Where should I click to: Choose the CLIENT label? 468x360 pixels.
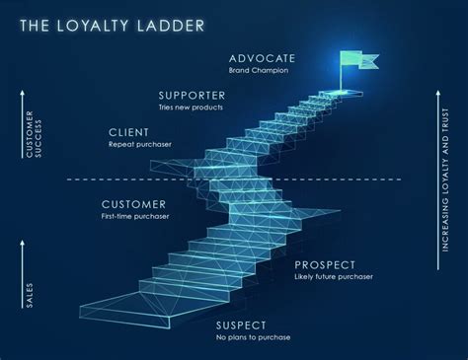130,132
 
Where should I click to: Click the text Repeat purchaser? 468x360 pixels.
140,145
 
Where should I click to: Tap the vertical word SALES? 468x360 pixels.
29,294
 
